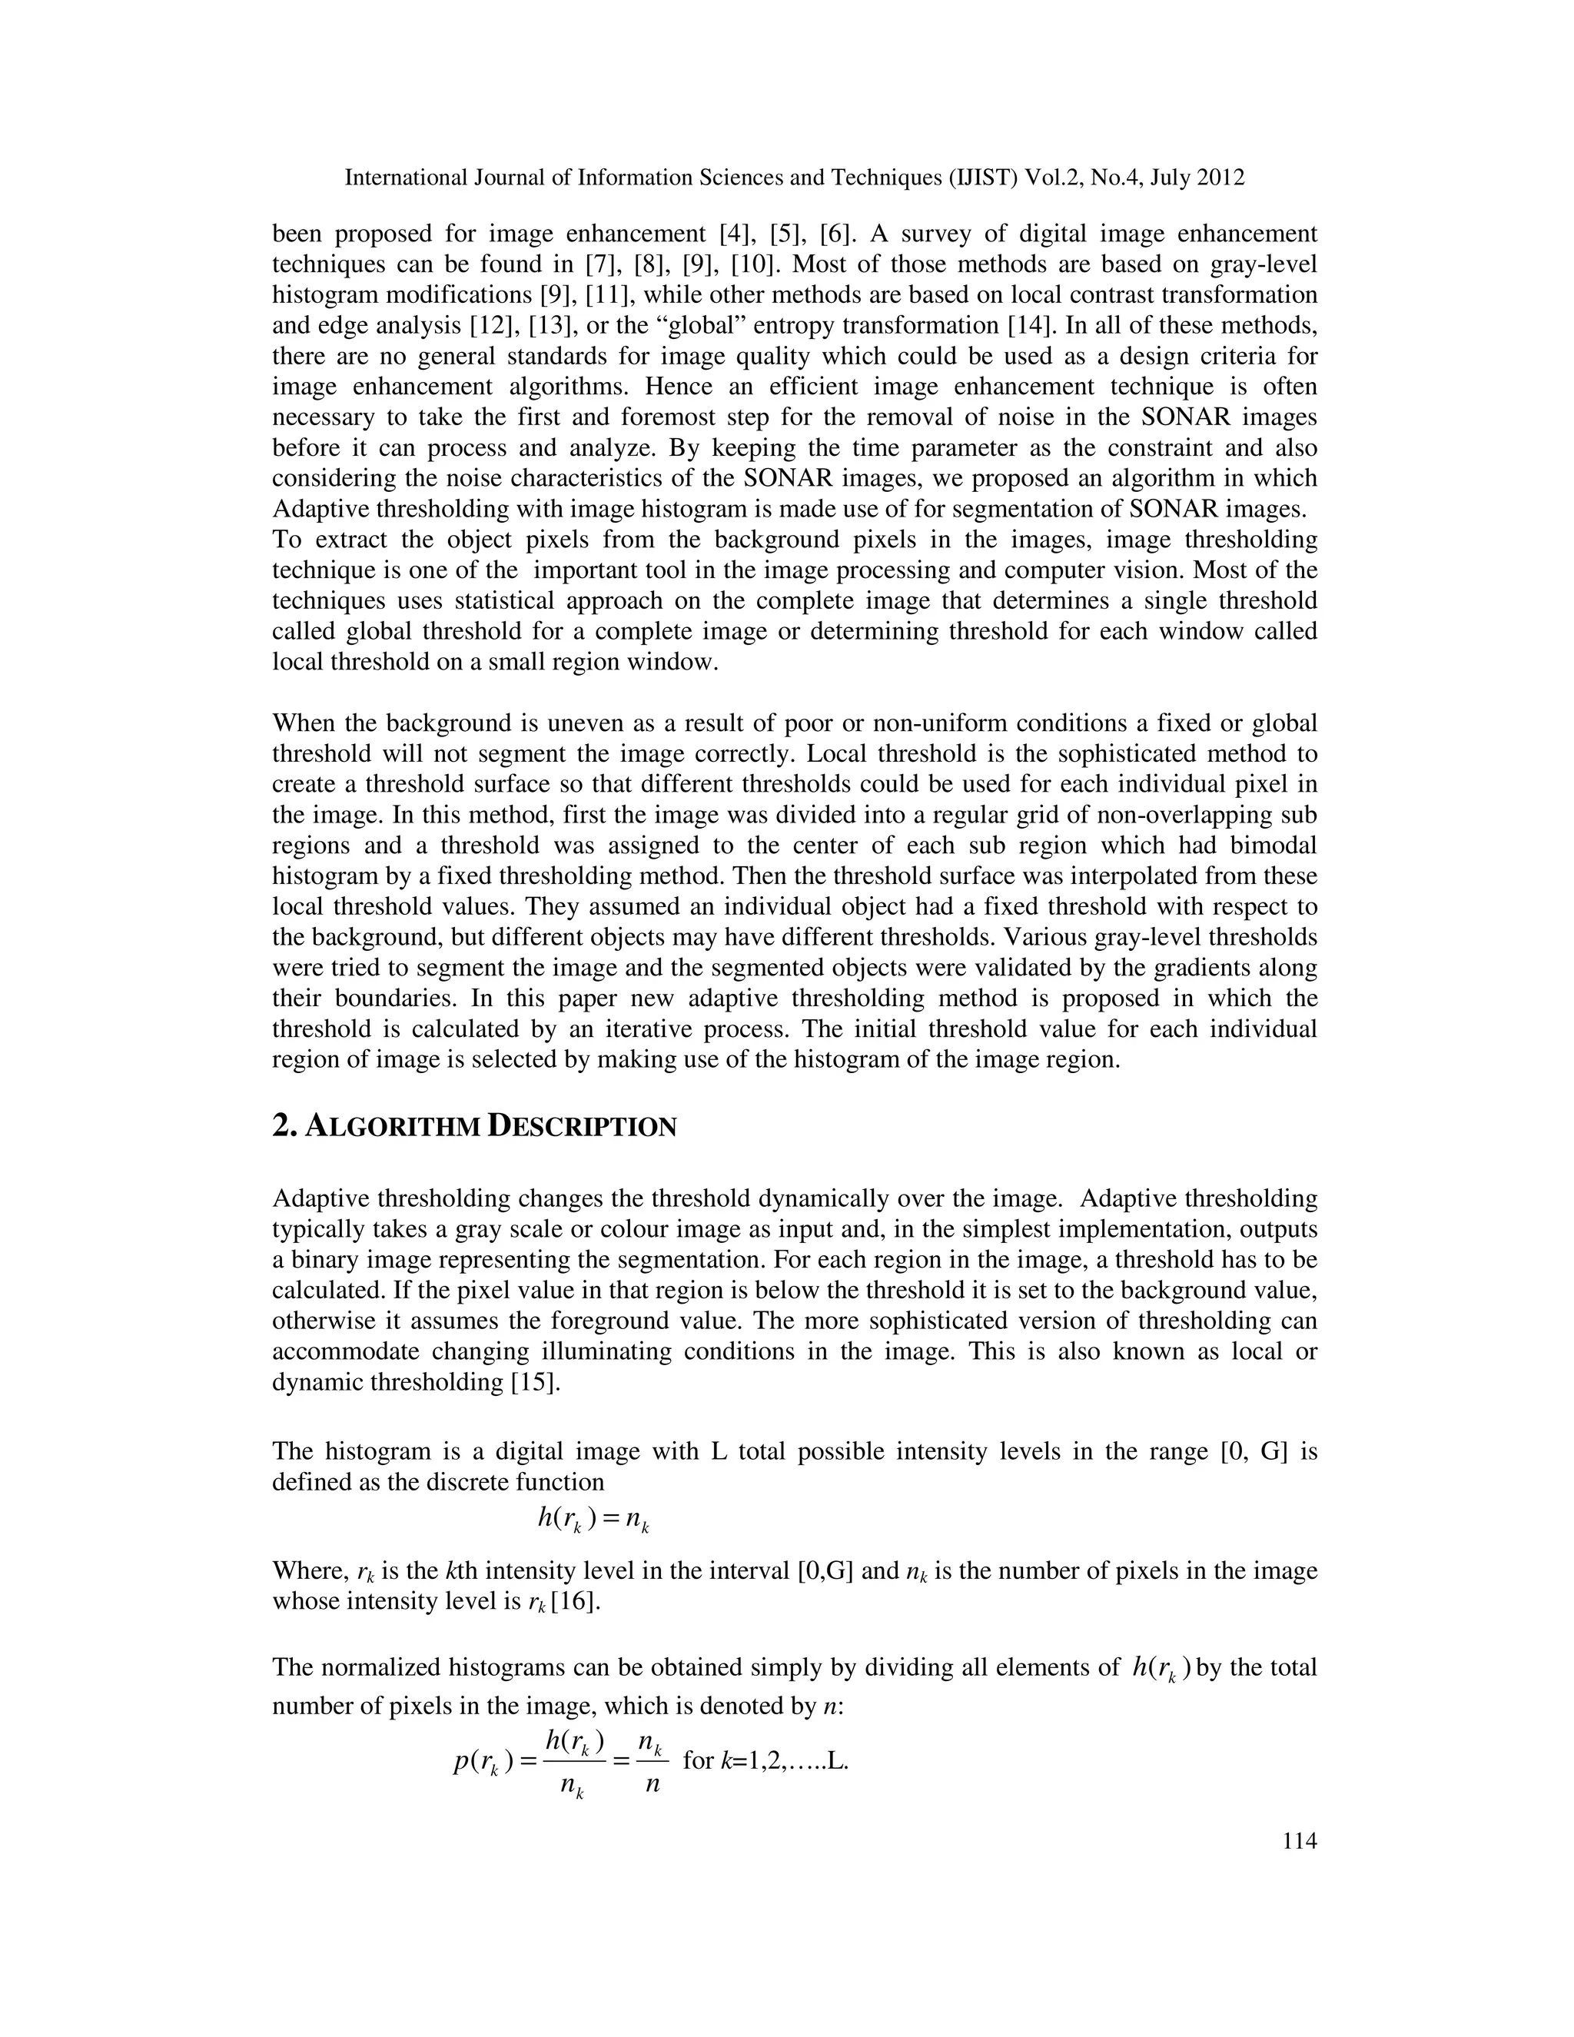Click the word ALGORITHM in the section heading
392,1128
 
